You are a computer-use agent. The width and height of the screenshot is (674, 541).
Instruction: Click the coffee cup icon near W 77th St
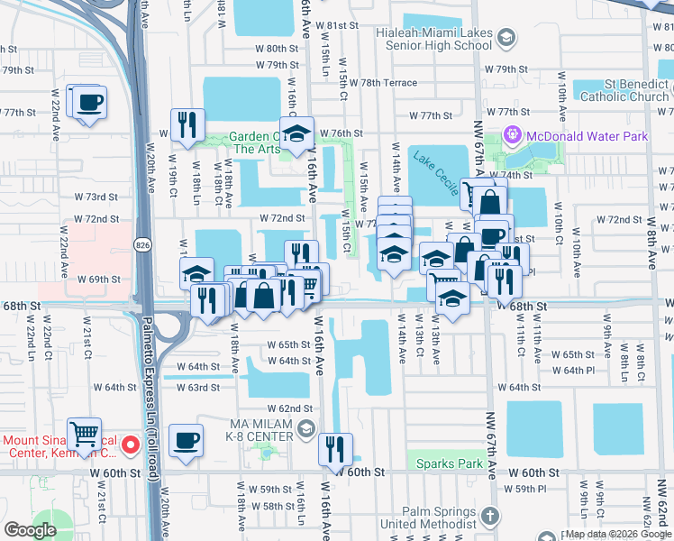(90, 102)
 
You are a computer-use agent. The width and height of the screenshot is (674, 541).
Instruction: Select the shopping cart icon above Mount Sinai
(84, 435)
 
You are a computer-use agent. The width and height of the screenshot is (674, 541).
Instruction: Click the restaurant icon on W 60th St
(336, 449)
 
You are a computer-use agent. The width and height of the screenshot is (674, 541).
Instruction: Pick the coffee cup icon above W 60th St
(187, 441)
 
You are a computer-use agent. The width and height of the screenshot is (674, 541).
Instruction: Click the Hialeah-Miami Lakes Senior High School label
(433, 38)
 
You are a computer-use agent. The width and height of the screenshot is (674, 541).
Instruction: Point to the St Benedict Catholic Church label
(624, 90)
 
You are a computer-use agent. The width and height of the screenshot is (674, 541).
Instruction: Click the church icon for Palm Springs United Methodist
(488, 517)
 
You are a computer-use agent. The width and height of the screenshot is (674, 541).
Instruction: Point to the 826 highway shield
(144, 243)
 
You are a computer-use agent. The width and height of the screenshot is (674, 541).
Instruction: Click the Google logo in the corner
(31, 530)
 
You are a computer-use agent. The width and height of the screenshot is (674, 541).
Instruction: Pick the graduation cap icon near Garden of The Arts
(296, 133)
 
